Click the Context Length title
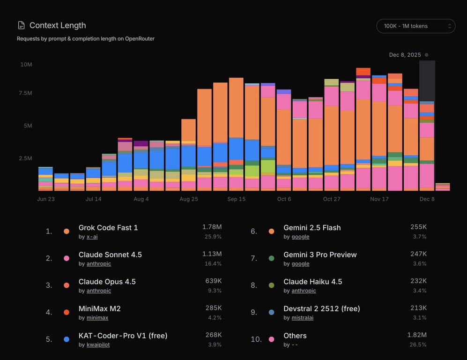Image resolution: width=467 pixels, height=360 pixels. tap(58, 25)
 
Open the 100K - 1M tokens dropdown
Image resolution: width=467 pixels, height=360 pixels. tap(415, 26)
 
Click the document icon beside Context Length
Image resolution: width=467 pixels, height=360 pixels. tap(21, 25)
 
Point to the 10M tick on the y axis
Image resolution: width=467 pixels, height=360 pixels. tap(26, 64)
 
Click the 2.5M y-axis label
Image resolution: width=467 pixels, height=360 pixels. tap(25, 158)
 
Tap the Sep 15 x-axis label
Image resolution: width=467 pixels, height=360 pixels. tap(236, 199)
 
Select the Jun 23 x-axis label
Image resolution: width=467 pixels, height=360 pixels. tap(46, 199)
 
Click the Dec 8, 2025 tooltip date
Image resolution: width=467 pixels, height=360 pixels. tap(405, 55)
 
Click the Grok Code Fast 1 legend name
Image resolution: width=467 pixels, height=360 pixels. tap(108, 228)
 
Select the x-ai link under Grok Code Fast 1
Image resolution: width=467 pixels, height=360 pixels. tap(92, 237)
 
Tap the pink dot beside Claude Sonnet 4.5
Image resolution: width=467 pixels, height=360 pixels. tap(67, 258)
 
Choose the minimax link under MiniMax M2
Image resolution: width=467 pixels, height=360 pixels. tap(97, 318)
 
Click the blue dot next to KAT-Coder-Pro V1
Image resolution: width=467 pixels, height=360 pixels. tap(67, 339)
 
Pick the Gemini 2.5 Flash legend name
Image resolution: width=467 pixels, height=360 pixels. tap(312, 228)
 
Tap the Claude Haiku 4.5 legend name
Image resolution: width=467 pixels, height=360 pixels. tap(312, 282)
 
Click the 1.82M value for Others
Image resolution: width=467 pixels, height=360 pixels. tap(417, 335)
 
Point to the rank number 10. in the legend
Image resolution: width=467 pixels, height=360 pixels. tap(256, 339)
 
